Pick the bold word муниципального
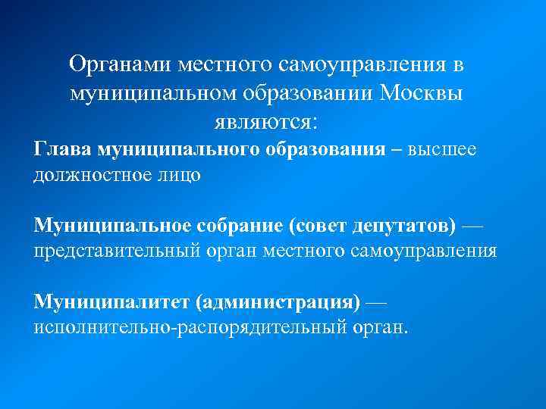click(178, 148)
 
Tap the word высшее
click(443, 148)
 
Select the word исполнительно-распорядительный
click(189, 329)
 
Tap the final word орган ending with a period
click(381, 329)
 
